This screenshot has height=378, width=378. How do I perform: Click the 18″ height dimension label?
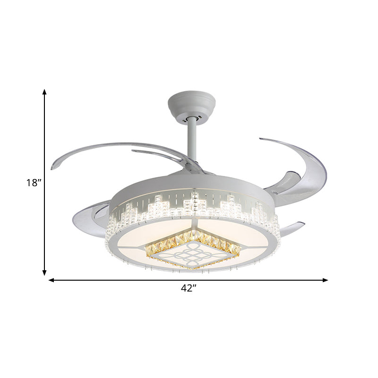click(34, 183)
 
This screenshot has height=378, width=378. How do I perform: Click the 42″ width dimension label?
click(188, 289)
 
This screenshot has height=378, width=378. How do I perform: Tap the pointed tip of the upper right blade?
click(261, 139)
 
